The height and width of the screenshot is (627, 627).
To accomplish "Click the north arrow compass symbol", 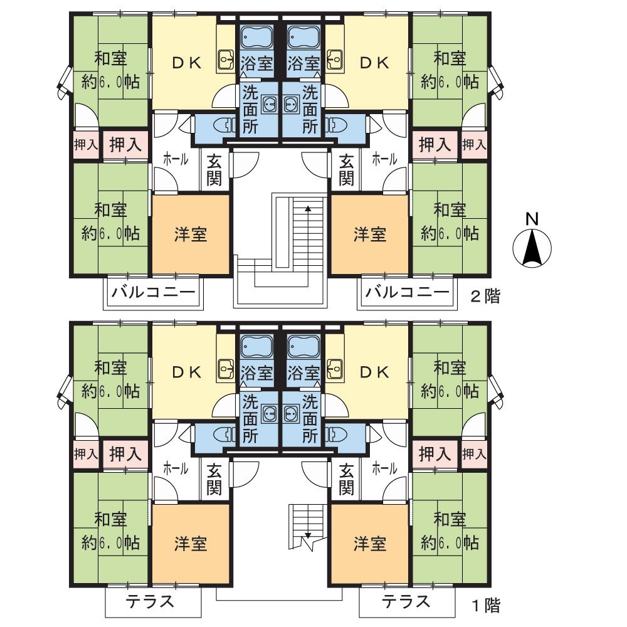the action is tap(532, 248).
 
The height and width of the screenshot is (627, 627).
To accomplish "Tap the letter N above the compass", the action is tap(532, 219).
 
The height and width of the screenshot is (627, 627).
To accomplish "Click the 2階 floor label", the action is tap(485, 297).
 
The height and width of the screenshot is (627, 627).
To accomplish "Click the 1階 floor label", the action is tap(485, 606).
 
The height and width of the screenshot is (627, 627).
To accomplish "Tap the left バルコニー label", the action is tap(154, 292).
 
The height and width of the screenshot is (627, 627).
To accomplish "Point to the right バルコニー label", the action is tap(407, 292).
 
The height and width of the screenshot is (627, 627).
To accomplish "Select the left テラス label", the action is tap(150, 602).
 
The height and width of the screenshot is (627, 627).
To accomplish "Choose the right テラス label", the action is tap(406, 602).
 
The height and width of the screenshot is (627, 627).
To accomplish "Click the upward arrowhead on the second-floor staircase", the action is tap(308, 208).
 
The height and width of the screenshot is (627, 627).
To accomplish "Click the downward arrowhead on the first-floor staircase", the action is tap(308, 535).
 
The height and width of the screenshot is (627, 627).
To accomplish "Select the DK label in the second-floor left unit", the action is tap(187, 63).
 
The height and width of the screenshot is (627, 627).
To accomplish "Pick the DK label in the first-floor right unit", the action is tap(374, 372).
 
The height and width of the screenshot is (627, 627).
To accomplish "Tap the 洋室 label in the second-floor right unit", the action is tap(370, 234).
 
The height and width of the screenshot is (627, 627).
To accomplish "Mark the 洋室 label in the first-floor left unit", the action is tap(191, 544).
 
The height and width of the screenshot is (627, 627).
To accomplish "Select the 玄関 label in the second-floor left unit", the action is tap(214, 170).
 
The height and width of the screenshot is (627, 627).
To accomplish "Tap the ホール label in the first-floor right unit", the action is tap(384, 468).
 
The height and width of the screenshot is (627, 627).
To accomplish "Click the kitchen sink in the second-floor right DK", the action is tap(334, 60).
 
